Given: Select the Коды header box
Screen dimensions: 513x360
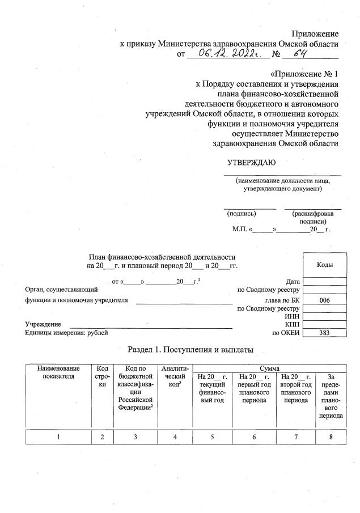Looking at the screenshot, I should point(325,265).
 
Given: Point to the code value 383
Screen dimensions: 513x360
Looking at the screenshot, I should point(325,333).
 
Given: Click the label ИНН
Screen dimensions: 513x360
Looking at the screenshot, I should point(293,316).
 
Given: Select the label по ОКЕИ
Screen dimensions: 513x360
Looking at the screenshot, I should point(286,333).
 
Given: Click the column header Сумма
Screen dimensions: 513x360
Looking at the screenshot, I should point(269,368).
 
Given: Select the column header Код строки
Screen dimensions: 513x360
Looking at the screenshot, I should point(103,376).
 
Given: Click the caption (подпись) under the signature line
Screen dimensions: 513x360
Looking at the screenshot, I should point(242,214).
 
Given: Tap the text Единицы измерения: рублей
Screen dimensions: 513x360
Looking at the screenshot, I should point(66,333).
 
